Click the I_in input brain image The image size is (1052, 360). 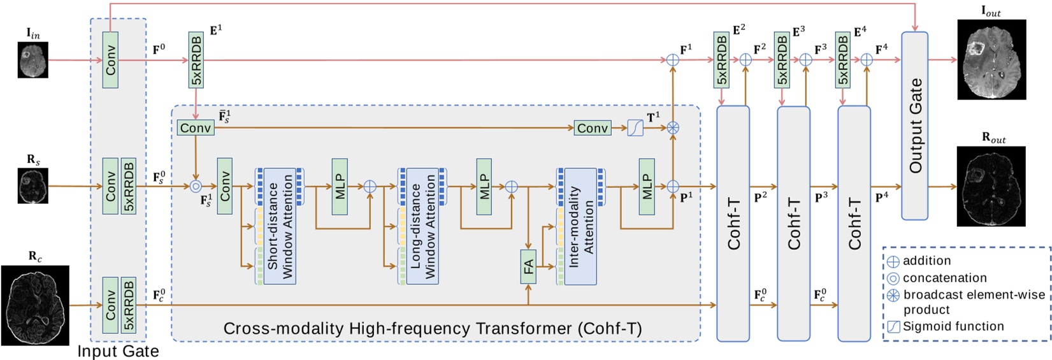[x=32, y=61]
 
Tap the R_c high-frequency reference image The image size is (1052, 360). [x=35, y=305]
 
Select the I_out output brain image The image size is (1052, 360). [x=991, y=59]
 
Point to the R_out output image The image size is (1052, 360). [x=991, y=186]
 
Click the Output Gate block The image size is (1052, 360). [x=915, y=126]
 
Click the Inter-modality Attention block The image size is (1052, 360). [x=580, y=226]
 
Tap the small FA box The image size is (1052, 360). [x=528, y=266]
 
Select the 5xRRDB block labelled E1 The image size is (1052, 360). [x=196, y=61]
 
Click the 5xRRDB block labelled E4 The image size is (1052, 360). [x=842, y=60]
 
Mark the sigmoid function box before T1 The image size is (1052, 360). [x=635, y=128]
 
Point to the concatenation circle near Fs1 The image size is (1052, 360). [x=196, y=187]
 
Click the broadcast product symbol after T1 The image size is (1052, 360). [x=672, y=128]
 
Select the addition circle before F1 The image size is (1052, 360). [x=672, y=61]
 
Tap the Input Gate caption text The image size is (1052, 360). [x=118, y=351]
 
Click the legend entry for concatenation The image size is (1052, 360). [x=944, y=278]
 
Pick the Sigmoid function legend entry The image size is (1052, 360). [x=953, y=326]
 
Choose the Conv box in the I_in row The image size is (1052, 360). [x=110, y=61]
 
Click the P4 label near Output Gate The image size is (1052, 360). [x=882, y=198]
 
